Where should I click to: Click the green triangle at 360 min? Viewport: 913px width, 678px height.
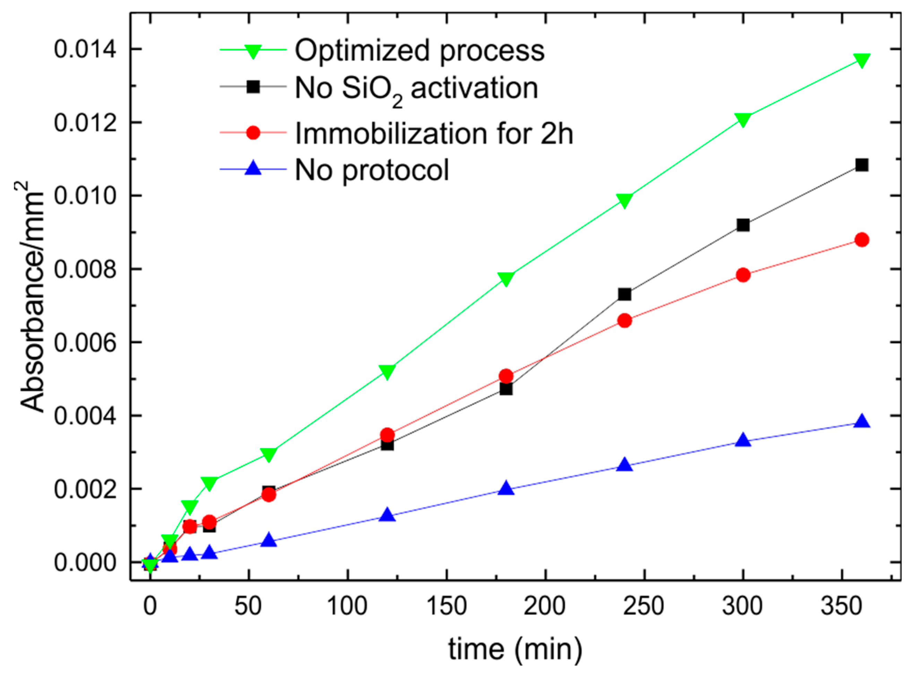point(862,60)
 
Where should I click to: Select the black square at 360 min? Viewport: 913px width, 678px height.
point(862,166)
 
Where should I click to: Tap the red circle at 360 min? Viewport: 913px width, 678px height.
point(862,240)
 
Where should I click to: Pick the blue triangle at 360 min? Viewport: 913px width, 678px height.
point(862,422)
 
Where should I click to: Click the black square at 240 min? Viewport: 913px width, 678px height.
point(624,294)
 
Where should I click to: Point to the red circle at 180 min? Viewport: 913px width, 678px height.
point(506,375)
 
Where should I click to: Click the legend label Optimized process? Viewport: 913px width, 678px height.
point(420,50)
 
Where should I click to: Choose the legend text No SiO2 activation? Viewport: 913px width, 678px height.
point(416,88)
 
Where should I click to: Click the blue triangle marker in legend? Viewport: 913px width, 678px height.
point(253,169)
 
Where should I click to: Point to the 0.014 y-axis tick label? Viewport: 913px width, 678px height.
point(85,50)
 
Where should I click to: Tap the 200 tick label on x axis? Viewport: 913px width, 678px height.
point(545,606)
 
